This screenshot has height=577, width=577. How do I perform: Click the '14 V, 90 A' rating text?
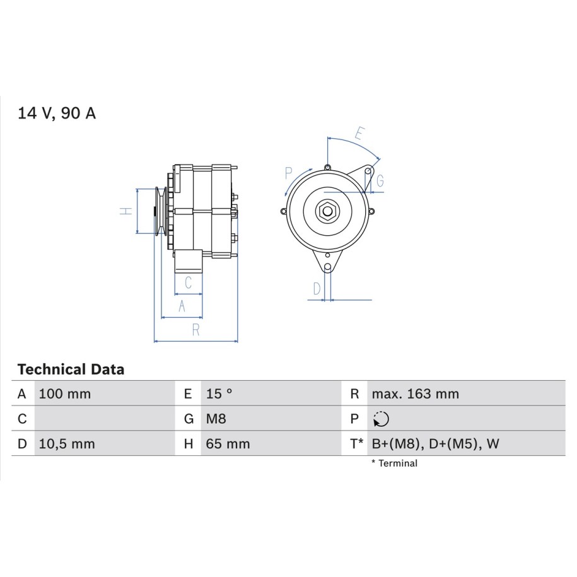point(57,114)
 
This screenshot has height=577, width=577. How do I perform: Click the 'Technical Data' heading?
point(71,370)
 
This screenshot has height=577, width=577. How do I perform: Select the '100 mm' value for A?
point(65,394)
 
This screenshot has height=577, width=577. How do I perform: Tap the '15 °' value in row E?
point(219,394)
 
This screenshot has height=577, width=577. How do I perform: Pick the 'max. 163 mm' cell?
point(416,394)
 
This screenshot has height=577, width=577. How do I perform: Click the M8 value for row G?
point(216,419)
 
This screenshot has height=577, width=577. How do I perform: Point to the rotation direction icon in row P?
point(381,419)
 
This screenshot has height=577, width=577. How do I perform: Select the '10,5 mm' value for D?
point(67,444)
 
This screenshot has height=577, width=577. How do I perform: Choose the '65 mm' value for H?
point(228,444)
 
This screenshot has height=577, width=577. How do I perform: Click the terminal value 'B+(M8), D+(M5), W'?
point(435,444)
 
